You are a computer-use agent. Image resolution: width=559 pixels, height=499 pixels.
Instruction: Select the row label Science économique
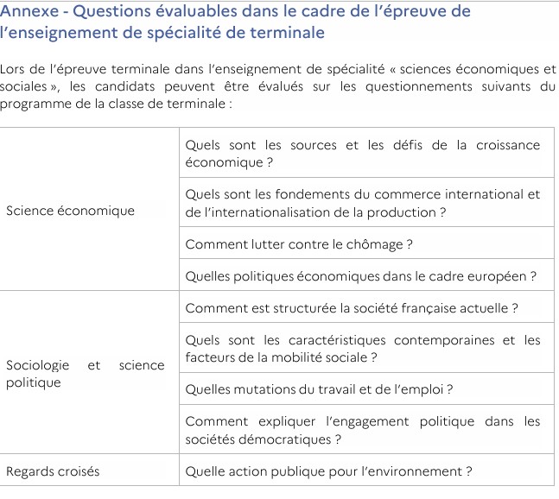point(70,211)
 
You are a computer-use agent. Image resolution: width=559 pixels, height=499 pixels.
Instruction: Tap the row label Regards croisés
point(53,471)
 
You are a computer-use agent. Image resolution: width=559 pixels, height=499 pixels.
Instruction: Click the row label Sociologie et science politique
point(85,374)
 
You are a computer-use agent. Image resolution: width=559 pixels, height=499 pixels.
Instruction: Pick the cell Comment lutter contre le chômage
point(298,244)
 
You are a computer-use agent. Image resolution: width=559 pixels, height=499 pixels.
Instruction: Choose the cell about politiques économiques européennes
point(361,276)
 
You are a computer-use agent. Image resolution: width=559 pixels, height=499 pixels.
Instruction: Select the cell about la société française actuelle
point(351,308)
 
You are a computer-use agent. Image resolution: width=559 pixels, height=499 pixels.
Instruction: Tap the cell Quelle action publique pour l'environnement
point(328,471)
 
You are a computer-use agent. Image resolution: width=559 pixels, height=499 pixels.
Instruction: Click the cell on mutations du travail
point(319,389)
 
